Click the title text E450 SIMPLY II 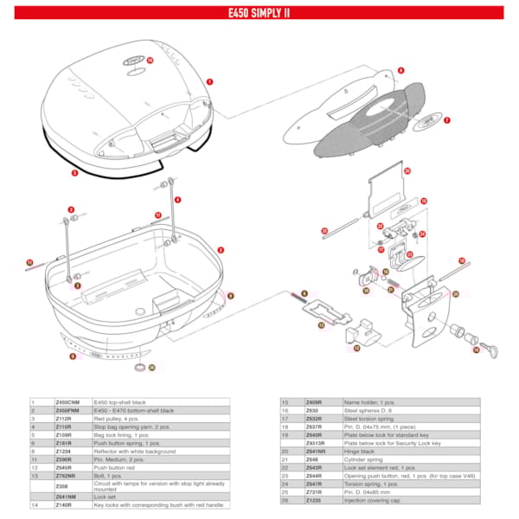(x=259, y=13)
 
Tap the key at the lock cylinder (x=491, y=348)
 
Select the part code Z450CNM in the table (x=67, y=402)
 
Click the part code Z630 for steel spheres (x=312, y=411)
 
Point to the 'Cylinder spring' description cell (x=364, y=458)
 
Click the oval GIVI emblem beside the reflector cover (x=426, y=121)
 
